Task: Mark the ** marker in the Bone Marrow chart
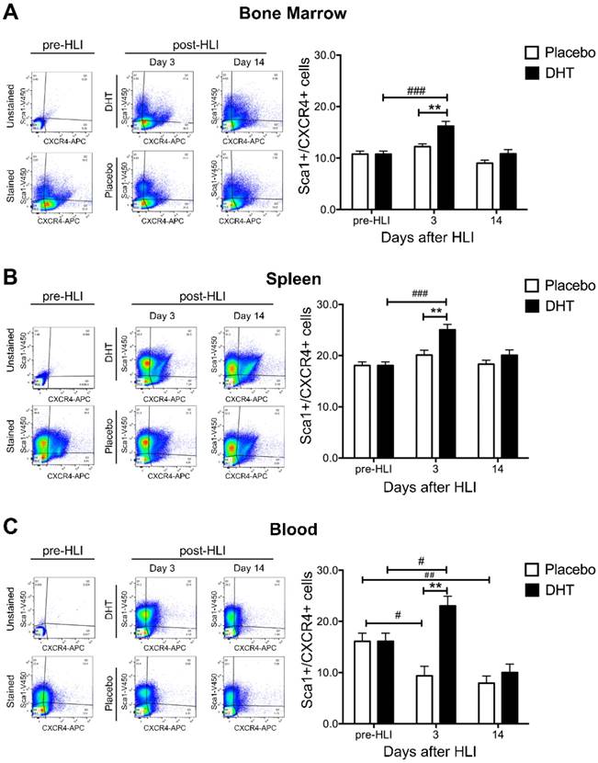coord(434,107)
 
